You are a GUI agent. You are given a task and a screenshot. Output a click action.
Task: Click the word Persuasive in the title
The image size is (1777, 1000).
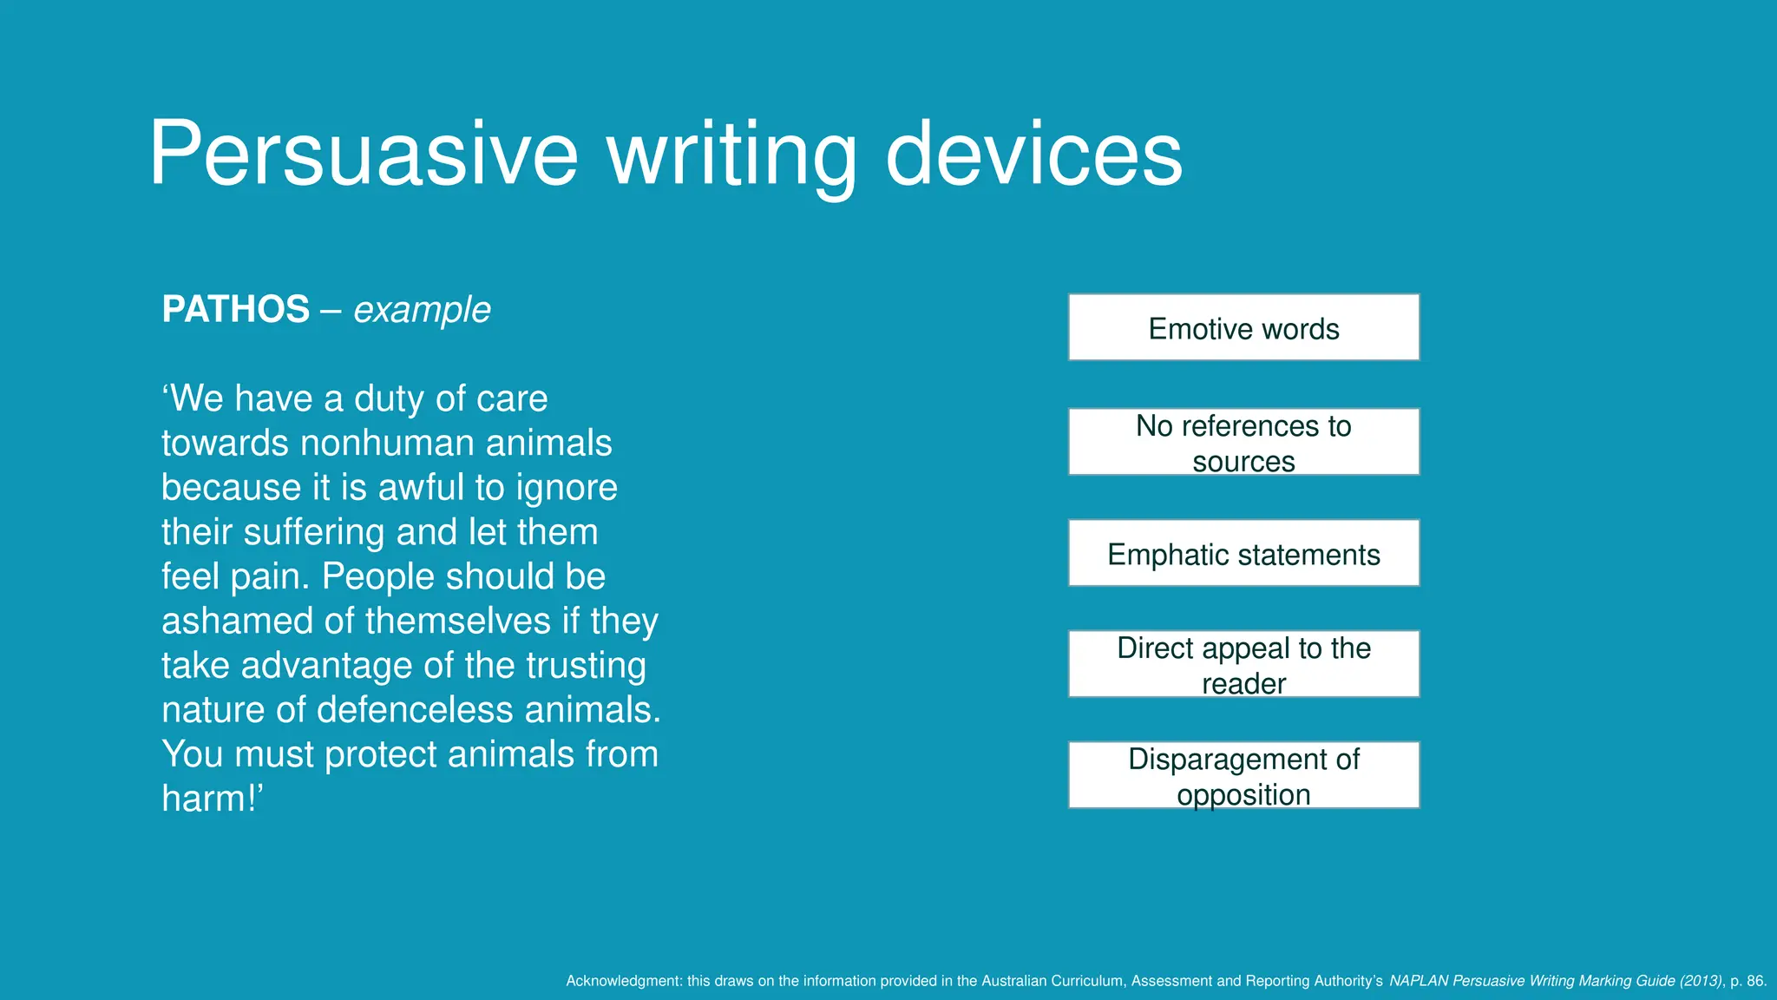pos(363,155)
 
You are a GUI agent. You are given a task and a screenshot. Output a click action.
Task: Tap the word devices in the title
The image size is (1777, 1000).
pos(1033,155)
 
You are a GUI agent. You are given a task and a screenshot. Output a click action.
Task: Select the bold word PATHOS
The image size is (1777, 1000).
pos(235,310)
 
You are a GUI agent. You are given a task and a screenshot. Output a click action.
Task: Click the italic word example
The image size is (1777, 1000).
pos(422,310)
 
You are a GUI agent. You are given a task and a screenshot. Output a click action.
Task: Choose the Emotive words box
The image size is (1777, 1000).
pos(1243,328)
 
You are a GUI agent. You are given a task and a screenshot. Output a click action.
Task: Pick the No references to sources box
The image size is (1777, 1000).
pos(1243,442)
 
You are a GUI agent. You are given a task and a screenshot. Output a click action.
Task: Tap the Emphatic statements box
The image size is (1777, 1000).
pos(1243,554)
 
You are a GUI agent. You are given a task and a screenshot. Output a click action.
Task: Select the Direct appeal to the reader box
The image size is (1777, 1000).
pos(1243,664)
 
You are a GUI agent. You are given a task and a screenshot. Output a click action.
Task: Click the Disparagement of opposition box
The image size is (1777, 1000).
pos(1243,775)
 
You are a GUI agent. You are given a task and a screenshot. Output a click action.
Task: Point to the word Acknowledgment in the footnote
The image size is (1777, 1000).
pos(623,981)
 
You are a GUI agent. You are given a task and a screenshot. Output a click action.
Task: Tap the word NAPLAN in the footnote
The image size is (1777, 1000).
pos(1419,981)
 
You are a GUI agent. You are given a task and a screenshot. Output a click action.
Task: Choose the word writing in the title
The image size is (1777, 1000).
pos(731,155)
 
